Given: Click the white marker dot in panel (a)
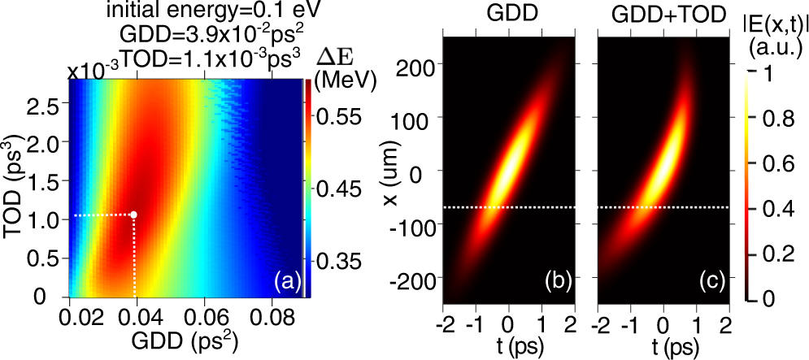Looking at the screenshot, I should click(134, 215).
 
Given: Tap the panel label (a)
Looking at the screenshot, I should click(286, 281).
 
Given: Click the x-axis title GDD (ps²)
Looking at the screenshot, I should click(186, 342).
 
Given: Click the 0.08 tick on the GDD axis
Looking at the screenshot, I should click(269, 314).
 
